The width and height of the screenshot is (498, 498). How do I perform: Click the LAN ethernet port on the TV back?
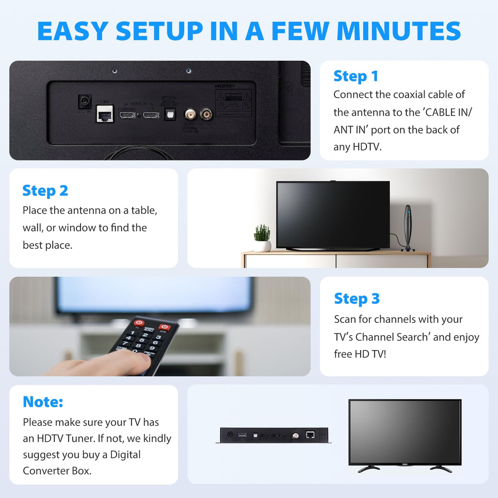click(105, 114)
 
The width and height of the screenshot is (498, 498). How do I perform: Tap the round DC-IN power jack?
click(85, 101)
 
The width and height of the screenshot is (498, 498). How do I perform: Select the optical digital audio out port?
click(170, 114)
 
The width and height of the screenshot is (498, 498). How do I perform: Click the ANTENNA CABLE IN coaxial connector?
click(206, 114)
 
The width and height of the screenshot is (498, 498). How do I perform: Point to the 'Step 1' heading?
click(356, 76)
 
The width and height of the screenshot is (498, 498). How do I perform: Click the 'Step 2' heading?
click(45, 190)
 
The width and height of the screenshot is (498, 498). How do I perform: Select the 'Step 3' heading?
click(356, 298)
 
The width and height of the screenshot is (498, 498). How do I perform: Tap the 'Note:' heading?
click(43, 402)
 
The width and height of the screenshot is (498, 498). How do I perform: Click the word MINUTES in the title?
click(398, 31)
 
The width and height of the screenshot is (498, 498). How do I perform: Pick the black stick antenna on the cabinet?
click(408, 228)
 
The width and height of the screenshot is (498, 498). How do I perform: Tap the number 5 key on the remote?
click(142, 340)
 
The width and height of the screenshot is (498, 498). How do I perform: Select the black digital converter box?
click(274, 435)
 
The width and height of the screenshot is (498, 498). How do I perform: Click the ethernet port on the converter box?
click(310, 434)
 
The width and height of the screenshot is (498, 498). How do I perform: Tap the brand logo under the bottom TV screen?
click(404, 464)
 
